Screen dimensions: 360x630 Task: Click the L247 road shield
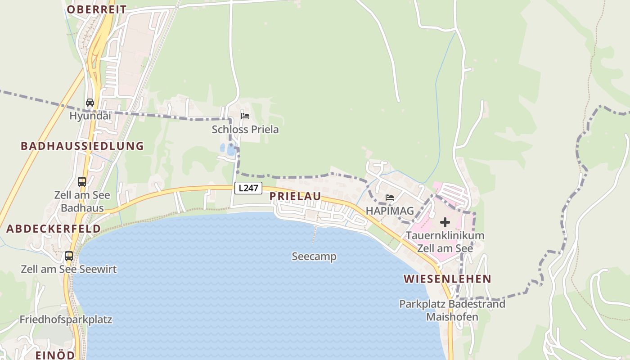click(x=248, y=188)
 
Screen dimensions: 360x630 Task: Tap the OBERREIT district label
click(x=97, y=9)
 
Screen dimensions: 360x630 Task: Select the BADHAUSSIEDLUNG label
click(x=82, y=146)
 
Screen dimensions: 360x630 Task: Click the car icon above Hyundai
click(x=90, y=103)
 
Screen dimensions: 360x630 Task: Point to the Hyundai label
click(x=90, y=116)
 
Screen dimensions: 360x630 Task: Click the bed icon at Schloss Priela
click(x=245, y=116)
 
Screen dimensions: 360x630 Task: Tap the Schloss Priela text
click(x=245, y=130)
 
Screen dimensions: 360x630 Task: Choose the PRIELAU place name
click(x=295, y=196)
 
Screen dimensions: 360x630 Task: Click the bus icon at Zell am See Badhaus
click(x=82, y=182)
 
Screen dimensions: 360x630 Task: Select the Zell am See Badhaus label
click(x=82, y=202)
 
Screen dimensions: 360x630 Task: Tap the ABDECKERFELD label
click(x=54, y=229)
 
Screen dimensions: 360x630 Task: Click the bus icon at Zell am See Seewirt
click(x=69, y=256)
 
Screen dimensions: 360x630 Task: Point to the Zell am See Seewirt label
click(x=69, y=269)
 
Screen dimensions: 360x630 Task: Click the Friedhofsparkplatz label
click(x=66, y=319)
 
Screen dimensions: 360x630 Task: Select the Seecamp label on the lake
click(x=314, y=256)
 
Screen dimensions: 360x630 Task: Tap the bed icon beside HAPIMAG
click(x=390, y=198)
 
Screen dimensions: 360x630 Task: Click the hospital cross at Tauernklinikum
click(x=445, y=222)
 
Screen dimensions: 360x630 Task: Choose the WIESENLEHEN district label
click(x=447, y=279)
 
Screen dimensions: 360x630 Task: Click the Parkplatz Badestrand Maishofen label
click(x=452, y=310)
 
